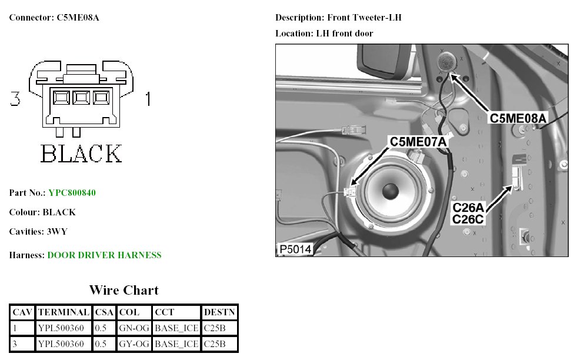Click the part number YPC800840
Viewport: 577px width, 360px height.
[x=72, y=193]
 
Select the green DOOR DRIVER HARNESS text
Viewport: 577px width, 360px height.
[x=105, y=255]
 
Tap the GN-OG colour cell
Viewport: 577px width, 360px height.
[x=134, y=328]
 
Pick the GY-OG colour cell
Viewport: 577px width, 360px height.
[x=134, y=344]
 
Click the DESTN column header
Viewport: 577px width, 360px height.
[x=219, y=312]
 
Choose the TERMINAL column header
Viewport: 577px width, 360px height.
[x=64, y=312]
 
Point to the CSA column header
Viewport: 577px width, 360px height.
[x=104, y=312]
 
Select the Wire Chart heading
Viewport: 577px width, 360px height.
[x=124, y=290]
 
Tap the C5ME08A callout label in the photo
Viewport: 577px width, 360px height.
[x=518, y=118]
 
